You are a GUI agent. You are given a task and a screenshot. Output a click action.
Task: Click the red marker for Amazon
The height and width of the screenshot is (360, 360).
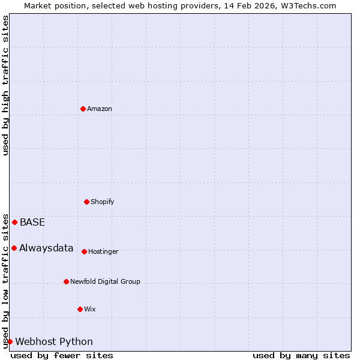click(83, 109)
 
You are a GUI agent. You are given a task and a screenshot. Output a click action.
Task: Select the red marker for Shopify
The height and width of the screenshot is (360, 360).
click(86, 202)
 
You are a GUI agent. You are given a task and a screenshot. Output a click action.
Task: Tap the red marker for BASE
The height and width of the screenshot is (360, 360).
click(14, 222)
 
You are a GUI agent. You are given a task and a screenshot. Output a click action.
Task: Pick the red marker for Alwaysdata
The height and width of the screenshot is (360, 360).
click(14, 248)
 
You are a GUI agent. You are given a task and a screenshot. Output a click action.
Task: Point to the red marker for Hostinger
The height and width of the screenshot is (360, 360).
click(84, 251)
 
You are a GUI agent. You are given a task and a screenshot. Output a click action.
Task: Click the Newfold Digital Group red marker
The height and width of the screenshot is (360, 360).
click(66, 281)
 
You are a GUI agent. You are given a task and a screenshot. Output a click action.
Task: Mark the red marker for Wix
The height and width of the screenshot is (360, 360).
click(80, 309)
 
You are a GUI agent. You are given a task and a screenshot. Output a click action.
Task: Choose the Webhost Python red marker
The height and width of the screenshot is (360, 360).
click(10, 341)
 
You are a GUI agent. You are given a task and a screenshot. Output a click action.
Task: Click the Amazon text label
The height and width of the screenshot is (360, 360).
click(100, 109)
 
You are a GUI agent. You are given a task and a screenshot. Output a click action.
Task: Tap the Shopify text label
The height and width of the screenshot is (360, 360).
click(103, 202)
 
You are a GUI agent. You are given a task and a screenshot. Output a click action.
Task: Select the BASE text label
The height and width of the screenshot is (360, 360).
click(32, 222)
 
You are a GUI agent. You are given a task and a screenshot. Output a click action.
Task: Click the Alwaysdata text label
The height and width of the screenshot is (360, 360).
click(46, 248)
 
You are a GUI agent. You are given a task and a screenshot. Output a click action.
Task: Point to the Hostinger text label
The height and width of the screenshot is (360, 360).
click(103, 251)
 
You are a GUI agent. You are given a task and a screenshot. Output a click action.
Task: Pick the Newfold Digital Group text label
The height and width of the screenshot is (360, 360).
click(105, 281)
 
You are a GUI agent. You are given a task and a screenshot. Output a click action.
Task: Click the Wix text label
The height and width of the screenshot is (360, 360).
click(90, 309)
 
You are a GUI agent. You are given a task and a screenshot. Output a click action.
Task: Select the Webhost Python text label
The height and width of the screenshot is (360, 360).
click(54, 341)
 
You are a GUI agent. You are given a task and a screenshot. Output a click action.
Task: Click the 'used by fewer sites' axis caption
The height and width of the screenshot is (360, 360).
click(62, 355)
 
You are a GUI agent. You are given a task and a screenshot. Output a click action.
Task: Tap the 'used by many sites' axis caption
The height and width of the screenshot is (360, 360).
click(301, 355)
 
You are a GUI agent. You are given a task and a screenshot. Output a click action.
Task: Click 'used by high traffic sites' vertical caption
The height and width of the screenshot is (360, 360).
click(5, 85)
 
